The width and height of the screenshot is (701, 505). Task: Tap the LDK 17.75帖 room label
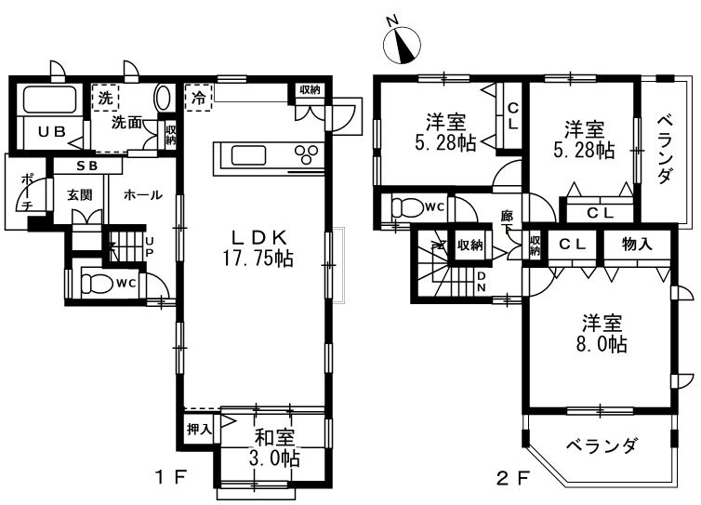point(258,247)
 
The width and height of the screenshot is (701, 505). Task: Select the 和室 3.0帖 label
point(277,447)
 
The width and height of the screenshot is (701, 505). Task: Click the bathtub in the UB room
point(49,100)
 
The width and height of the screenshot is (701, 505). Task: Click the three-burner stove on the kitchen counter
point(307,154)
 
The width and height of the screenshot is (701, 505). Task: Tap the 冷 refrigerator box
point(199,98)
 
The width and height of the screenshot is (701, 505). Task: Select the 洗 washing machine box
point(106,98)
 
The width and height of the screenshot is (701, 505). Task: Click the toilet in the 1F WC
point(96,283)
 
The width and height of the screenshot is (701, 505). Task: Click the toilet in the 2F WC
point(406,207)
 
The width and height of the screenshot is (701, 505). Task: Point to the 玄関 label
point(80,195)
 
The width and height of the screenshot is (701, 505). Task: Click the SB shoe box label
point(87,166)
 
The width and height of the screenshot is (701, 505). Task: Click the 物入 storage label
point(637,245)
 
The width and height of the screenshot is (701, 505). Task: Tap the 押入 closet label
point(199,430)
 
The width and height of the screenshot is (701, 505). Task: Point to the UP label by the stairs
point(150,247)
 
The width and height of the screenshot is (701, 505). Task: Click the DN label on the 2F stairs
point(481,282)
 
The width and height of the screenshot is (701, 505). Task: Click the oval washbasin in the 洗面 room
point(163,98)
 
